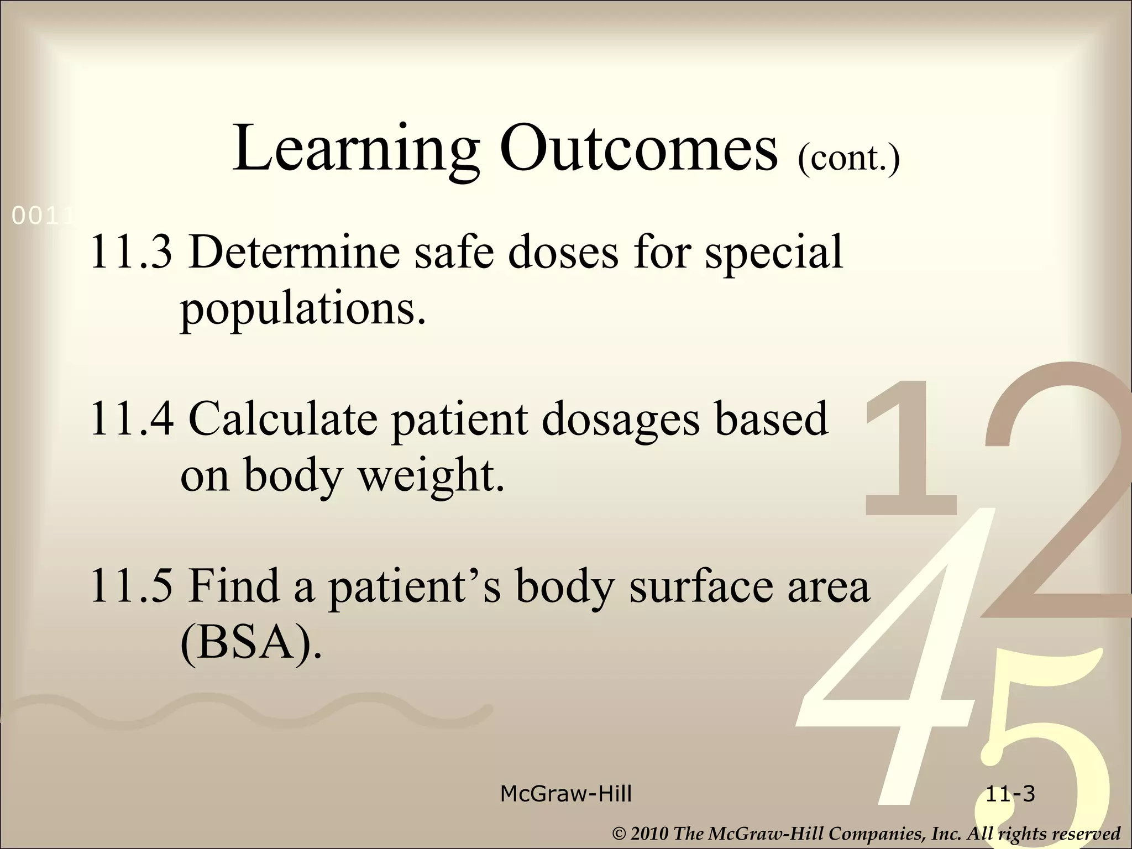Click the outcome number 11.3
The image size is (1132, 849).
click(x=131, y=252)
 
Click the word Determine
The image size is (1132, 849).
click(x=294, y=252)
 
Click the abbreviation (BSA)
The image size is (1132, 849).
click(x=250, y=644)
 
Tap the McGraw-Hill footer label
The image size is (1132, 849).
click(x=565, y=794)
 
